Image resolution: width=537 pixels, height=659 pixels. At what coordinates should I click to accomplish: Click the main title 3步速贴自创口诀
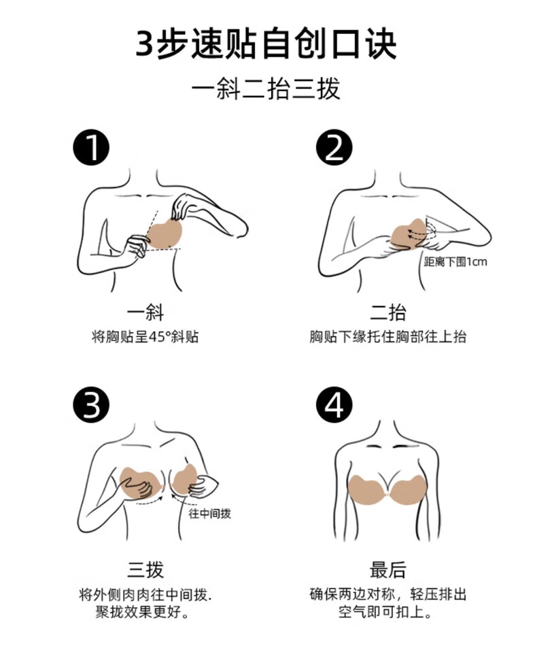click(x=266, y=44)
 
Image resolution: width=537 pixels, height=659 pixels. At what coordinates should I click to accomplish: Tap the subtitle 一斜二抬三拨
click(x=266, y=89)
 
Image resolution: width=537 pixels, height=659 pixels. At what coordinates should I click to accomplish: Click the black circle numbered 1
click(x=92, y=148)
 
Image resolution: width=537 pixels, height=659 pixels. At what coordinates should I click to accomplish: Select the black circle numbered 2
click(x=334, y=148)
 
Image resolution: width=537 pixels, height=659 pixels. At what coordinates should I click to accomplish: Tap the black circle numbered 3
click(x=92, y=405)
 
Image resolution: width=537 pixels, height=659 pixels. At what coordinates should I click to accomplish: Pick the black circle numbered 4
click(x=334, y=405)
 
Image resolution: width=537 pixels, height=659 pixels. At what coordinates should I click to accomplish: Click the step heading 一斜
click(x=145, y=312)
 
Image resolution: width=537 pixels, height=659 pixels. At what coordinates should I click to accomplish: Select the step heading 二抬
click(x=388, y=312)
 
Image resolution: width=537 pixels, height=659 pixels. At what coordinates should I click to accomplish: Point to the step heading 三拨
click(x=145, y=570)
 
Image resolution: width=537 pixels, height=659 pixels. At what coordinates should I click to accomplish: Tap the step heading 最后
click(x=388, y=570)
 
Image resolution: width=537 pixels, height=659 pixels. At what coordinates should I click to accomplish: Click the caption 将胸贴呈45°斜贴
click(x=145, y=336)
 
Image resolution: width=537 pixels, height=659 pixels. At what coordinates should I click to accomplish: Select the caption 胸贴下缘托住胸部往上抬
click(x=388, y=336)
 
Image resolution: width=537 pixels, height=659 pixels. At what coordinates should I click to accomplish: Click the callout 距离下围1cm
click(x=455, y=262)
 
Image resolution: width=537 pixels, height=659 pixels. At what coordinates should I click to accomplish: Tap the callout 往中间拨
click(x=210, y=513)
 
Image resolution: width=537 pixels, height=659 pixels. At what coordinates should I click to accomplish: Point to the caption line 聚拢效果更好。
click(x=142, y=612)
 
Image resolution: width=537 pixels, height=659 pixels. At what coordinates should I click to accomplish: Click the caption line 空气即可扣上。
click(x=385, y=612)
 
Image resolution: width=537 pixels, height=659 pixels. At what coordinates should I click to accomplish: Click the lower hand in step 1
click(x=137, y=246)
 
